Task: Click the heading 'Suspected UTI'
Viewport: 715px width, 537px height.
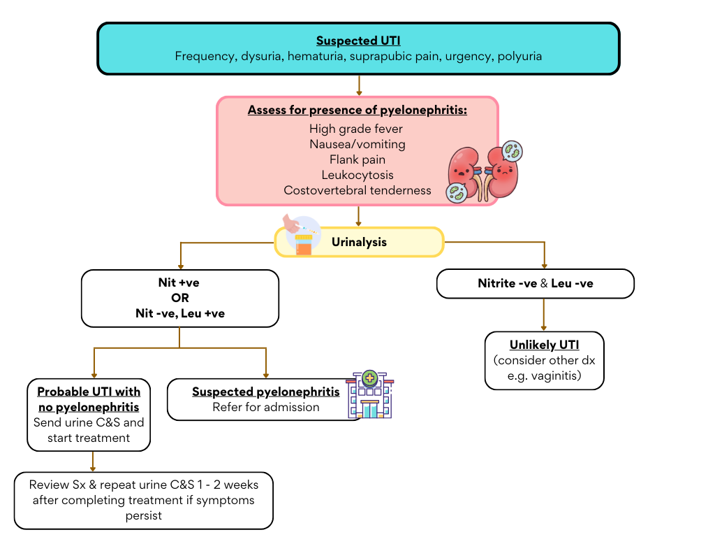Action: (x=358, y=41)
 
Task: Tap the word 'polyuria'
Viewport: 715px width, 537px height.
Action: (x=519, y=57)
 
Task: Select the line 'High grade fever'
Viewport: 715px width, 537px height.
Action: (x=356, y=129)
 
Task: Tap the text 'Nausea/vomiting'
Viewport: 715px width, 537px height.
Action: (x=357, y=145)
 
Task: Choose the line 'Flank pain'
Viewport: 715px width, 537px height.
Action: (x=357, y=160)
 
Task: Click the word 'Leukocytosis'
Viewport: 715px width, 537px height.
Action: (x=357, y=176)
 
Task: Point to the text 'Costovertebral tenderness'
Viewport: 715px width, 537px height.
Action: (x=357, y=191)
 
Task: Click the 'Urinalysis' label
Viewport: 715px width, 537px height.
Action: (x=359, y=243)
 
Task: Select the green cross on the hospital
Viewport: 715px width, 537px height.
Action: (x=369, y=378)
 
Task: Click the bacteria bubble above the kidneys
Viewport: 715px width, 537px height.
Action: (x=512, y=151)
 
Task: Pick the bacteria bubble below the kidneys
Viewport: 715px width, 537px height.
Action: (x=457, y=192)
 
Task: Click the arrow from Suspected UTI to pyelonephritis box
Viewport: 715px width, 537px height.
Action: (x=359, y=85)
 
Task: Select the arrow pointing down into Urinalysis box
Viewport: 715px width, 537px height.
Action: (x=359, y=216)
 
